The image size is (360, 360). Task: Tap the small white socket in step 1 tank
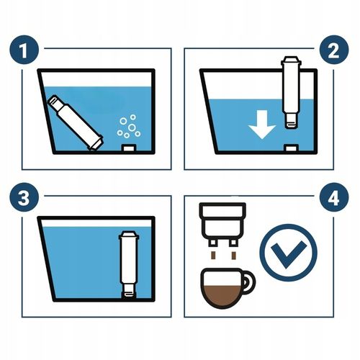[130, 148]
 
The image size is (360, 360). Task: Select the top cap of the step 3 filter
[130, 235]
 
